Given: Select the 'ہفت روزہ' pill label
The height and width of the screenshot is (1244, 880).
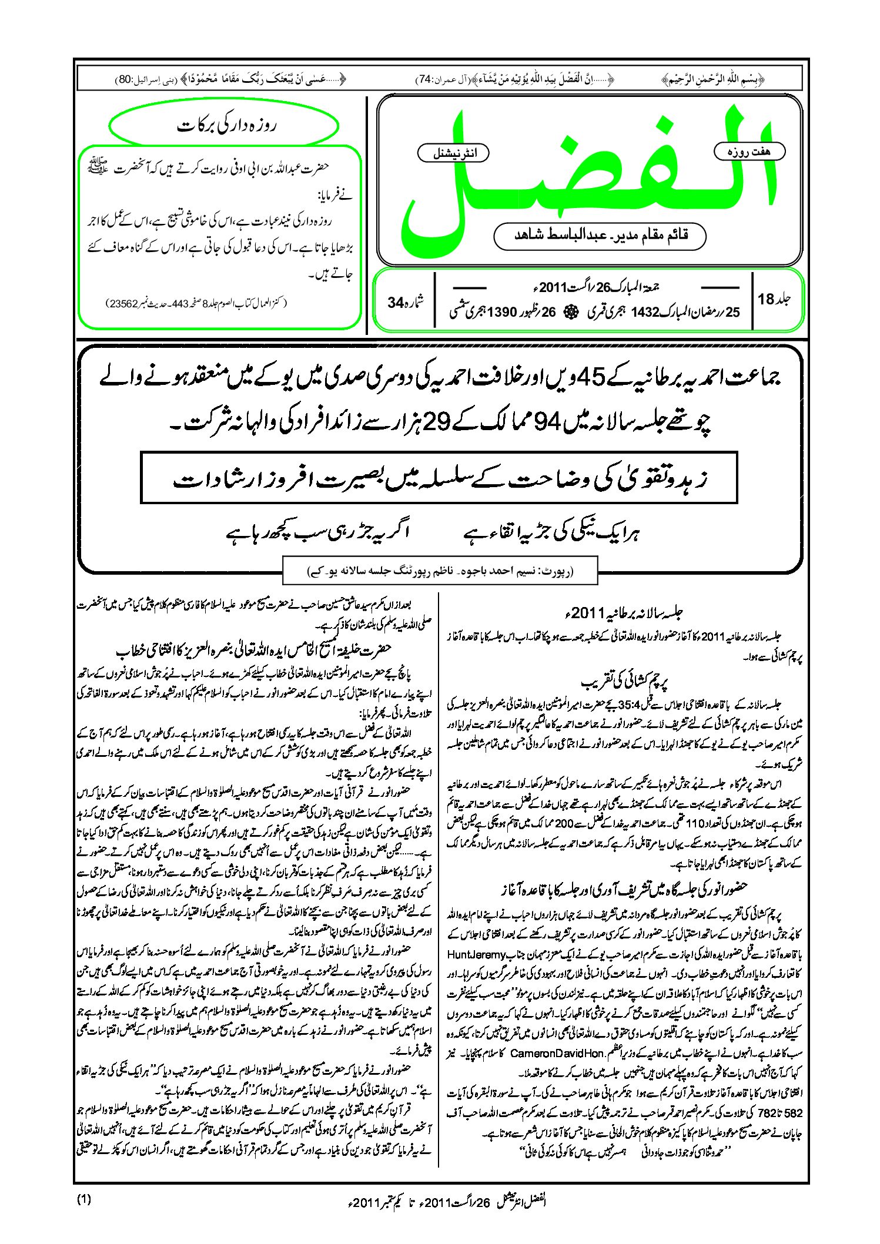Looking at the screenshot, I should (x=749, y=152).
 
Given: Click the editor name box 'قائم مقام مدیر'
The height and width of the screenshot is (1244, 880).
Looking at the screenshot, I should (x=600, y=236).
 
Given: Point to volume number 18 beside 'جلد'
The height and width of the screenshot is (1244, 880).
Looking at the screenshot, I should (x=766, y=299).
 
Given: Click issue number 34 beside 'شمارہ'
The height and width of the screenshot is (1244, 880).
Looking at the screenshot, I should (x=396, y=303).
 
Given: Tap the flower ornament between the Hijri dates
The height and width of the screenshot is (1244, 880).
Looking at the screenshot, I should (x=568, y=313).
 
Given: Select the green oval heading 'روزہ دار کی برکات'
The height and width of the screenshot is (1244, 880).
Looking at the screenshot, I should (x=224, y=126).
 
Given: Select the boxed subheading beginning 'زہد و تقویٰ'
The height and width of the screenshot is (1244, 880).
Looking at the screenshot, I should (x=439, y=478).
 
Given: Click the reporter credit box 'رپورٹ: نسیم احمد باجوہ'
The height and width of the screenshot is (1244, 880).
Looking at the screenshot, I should (x=440, y=571).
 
